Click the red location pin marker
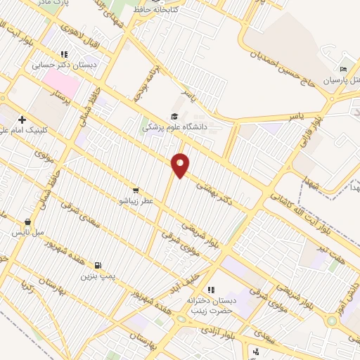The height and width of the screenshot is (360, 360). pos(181,165)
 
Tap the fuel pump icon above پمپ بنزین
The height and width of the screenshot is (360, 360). pos(98,265)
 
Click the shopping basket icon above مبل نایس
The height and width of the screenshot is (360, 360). pos(27,221)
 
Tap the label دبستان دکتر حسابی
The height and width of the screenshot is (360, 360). pos(64,65)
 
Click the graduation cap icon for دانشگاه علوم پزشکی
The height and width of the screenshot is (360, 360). pos(174,117)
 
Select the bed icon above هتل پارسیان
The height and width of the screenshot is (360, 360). pos(343,69)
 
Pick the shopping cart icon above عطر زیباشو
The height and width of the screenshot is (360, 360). pos(135,190)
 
